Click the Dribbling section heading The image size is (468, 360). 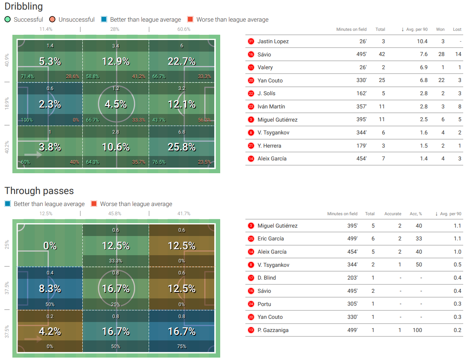point(24,7)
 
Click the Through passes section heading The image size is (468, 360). point(39,191)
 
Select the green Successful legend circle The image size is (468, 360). point(8,20)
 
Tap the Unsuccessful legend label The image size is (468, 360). point(76,20)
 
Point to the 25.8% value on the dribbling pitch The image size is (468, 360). point(182,147)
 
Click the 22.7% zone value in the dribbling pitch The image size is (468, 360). point(182,62)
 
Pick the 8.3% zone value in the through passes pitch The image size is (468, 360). point(50,289)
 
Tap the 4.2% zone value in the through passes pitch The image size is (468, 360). point(50,332)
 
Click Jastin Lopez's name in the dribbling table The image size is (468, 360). point(273,41)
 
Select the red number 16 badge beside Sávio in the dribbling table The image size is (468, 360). point(251,54)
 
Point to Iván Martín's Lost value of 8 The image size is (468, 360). point(460,106)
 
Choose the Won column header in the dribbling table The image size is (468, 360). point(440,29)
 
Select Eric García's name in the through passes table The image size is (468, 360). point(271,238)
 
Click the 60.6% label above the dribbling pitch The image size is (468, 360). point(184,29)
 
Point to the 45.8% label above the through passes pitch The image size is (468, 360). point(115,214)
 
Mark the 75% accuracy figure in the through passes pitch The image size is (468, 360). point(182,346)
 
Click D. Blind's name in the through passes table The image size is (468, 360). point(267,278)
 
